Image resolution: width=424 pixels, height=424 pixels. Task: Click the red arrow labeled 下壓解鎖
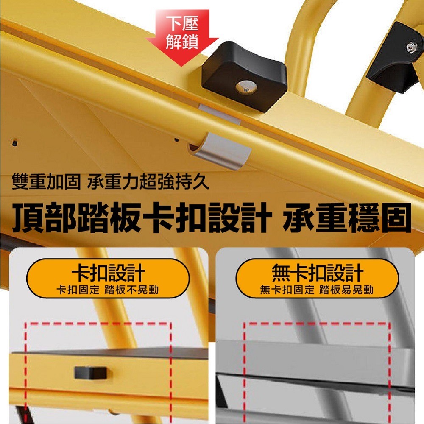click(182, 36)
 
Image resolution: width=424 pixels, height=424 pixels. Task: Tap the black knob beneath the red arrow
click(246, 78)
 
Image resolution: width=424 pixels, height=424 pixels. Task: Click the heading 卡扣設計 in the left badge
click(108, 273)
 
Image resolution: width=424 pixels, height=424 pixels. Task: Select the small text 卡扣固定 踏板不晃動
click(108, 290)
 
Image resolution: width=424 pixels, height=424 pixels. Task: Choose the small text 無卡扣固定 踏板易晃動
click(317, 290)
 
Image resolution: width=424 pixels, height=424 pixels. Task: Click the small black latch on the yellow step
click(86, 372)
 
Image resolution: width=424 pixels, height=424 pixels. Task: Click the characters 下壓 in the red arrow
click(182, 21)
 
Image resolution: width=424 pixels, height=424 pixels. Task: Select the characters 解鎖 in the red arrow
click(182, 42)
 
